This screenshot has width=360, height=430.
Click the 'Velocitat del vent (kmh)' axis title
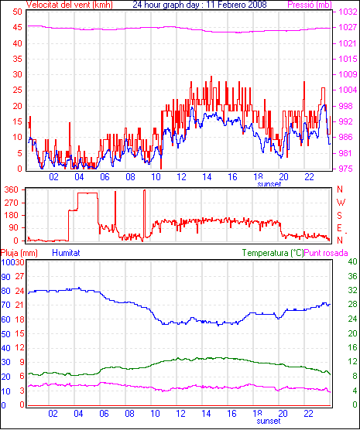pos(69,5)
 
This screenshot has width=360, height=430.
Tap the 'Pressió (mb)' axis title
pos(310,5)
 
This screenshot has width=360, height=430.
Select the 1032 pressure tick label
pos(348,12)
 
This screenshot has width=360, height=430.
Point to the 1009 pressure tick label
pos(348,74)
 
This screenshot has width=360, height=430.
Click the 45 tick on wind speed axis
pos(17,27)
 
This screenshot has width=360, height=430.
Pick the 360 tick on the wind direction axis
pos(12,189)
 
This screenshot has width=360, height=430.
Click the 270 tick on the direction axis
pos(12,203)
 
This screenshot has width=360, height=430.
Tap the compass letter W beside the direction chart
pos(341,203)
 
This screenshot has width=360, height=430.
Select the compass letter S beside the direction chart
pos(340,216)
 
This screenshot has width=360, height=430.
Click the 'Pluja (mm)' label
pos(19,253)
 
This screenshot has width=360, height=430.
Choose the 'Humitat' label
pos(66,253)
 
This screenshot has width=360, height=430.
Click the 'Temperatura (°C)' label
pos(273,253)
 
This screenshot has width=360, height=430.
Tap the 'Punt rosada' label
pos(326,253)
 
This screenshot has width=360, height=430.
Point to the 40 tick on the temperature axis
pos(352,261)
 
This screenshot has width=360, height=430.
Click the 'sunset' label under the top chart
pos(269,184)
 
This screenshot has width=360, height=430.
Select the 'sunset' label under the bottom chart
pos(269,421)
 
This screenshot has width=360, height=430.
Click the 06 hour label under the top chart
pos(105,177)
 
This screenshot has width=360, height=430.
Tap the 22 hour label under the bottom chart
pos(308,413)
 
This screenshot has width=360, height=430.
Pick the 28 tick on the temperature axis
pos(352,305)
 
